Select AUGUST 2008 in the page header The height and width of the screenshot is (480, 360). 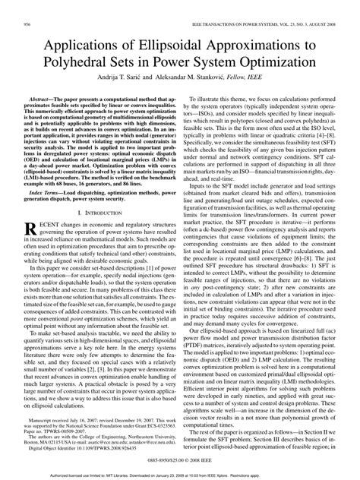coord(320,25)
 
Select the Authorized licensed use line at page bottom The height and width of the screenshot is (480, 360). coord(180,475)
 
